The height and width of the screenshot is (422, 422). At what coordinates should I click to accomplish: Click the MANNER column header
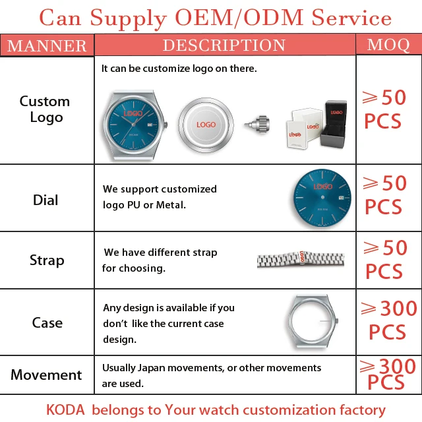click(47, 45)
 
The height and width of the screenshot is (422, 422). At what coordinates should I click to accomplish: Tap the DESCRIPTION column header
click(224, 45)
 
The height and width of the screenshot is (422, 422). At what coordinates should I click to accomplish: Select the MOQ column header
click(388, 45)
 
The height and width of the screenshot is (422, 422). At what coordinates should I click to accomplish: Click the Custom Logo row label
click(45, 109)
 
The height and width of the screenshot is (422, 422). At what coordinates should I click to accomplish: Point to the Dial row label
click(45, 200)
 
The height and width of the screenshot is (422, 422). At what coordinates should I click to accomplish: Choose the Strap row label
click(47, 260)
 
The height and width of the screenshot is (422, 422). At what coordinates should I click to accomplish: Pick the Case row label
click(47, 322)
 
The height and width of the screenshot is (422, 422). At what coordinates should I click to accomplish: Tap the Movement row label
click(46, 375)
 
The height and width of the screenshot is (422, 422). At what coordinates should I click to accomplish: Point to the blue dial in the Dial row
click(322, 198)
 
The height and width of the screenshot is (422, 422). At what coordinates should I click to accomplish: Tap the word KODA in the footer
click(65, 409)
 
